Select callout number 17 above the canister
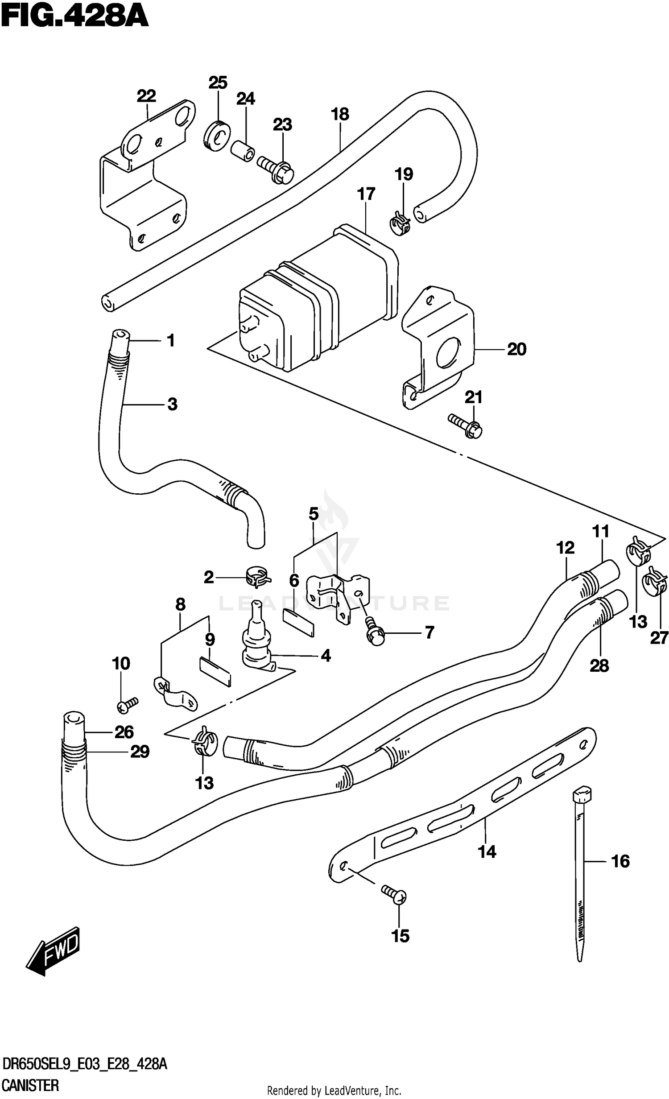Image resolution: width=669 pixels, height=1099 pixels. pos(366,194)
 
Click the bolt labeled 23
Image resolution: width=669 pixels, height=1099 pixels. pos(277,170)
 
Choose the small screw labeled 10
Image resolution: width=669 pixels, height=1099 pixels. pos(128,704)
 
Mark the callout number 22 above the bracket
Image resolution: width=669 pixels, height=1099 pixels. pos(146,96)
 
